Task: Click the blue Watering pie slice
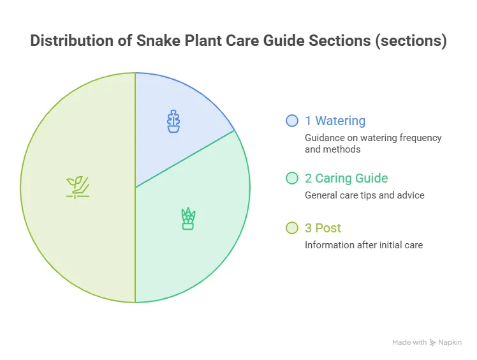170,122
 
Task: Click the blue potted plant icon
173,121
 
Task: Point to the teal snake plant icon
188,218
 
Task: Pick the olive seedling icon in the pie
78,188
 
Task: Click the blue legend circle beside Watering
292,121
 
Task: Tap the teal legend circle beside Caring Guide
292,178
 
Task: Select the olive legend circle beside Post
292,228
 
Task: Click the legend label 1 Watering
335,121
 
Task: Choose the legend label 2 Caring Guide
346,178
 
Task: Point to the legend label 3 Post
323,228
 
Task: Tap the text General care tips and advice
364,195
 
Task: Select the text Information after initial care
364,245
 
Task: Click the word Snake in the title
158,40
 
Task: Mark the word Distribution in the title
72,40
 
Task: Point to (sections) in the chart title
411,41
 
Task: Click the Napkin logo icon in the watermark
432,343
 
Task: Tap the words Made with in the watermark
409,342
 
